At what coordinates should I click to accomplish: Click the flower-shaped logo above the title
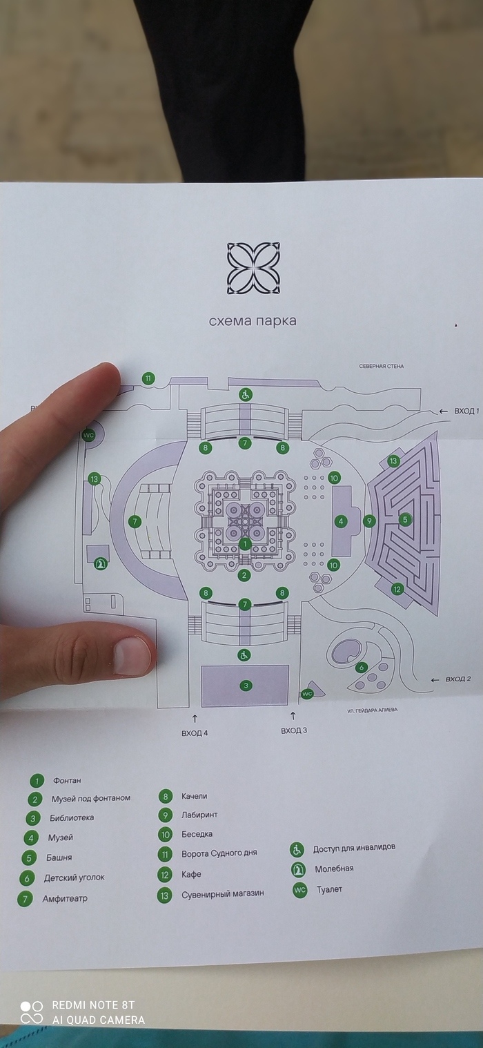[x=253, y=268]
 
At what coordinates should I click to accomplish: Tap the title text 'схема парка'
[x=253, y=321]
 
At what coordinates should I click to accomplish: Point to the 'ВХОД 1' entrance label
[x=466, y=411]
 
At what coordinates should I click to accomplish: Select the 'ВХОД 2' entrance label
[x=458, y=679]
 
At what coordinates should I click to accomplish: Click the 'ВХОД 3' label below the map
[x=294, y=730]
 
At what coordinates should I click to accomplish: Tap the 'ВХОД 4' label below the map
[x=195, y=732]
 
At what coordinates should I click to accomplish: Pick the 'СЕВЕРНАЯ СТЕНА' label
[x=381, y=366]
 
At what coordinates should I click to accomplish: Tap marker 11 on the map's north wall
[x=148, y=378]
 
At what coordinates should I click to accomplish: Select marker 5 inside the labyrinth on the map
[x=405, y=519]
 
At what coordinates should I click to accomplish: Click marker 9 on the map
[x=369, y=521]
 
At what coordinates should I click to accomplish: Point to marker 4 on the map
[x=341, y=521]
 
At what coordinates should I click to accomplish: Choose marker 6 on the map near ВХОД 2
[x=361, y=667]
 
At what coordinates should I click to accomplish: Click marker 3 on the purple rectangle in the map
[x=246, y=686]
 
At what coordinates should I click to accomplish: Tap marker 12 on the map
[x=397, y=589]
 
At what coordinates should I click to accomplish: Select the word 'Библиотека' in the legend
[x=72, y=818]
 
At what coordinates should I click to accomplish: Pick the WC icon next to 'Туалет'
[x=299, y=891]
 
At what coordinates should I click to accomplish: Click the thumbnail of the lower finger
[x=132, y=655]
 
